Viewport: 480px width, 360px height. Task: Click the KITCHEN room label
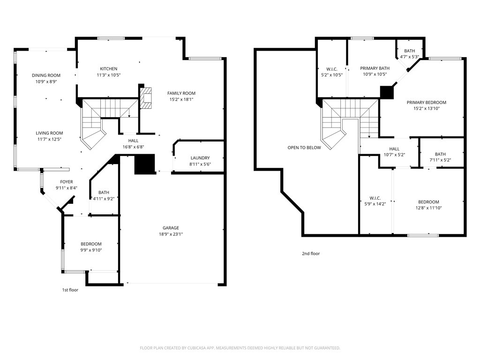(108, 69)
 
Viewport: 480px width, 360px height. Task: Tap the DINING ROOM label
(46, 75)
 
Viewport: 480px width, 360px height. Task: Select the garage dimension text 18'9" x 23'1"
(171, 234)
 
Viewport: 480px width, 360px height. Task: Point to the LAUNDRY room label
(200, 158)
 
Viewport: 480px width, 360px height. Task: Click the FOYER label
(66, 182)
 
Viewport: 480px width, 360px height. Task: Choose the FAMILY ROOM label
(181, 93)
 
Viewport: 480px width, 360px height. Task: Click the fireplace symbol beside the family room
(146, 98)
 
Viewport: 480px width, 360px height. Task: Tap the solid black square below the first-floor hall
(144, 165)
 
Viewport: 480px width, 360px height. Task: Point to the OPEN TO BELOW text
(304, 148)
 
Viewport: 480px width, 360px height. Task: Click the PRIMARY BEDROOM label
(426, 102)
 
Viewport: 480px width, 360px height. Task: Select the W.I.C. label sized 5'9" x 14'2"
(375, 198)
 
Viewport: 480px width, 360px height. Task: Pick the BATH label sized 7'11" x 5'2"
(440, 154)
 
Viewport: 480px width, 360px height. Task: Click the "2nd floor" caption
(310, 254)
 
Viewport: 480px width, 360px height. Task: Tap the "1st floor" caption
(70, 290)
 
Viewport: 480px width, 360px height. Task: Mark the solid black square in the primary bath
(387, 92)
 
